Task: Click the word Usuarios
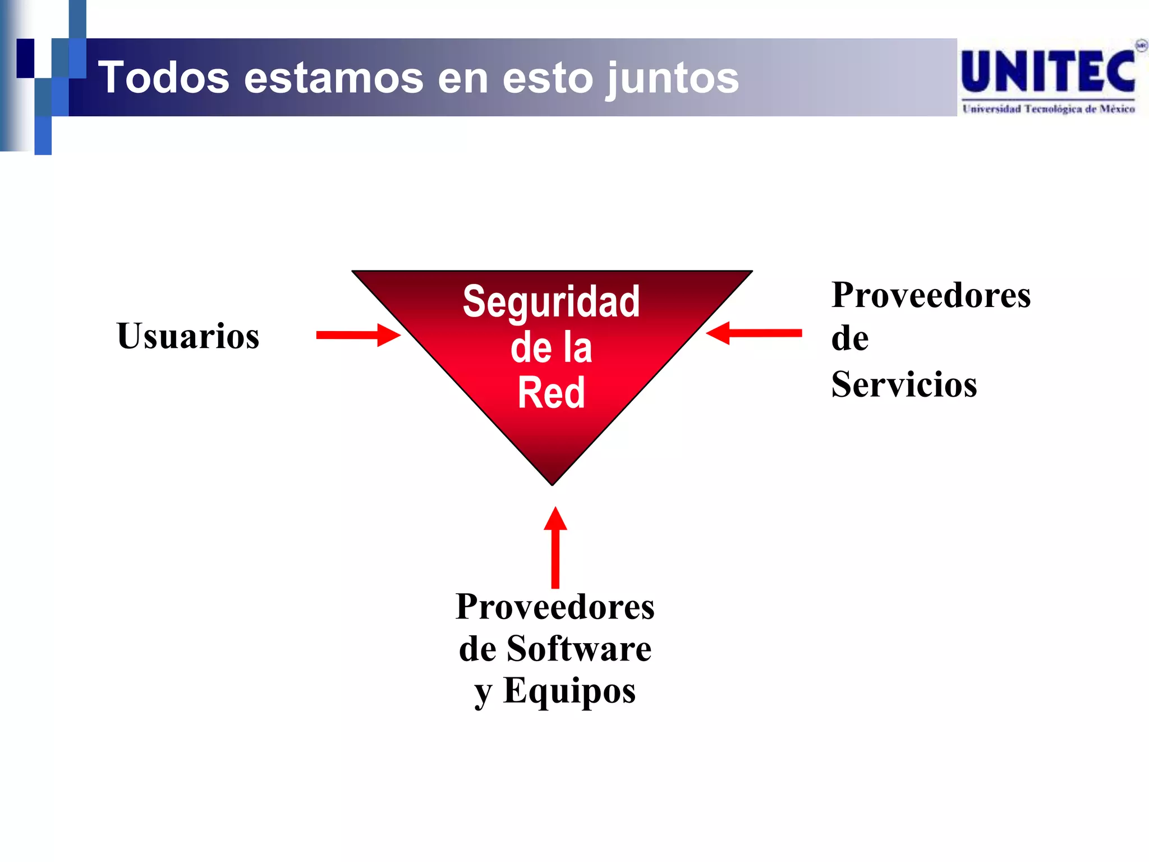(x=188, y=336)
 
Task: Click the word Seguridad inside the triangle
(x=551, y=302)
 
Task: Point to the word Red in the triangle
(x=551, y=393)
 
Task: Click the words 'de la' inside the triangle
(x=551, y=348)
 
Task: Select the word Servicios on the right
(x=904, y=385)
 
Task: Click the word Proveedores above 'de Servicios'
(x=931, y=295)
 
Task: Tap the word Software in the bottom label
(x=579, y=649)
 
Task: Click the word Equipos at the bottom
(x=569, y=691)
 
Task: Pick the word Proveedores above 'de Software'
(x=555, y=607)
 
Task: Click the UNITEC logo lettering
(x=1047, y=72)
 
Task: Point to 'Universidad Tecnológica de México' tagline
(x=1048, y=109)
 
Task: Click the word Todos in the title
(x=164, y=77)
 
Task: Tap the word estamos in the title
(x=334, y=77)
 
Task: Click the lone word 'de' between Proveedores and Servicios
(x=850, y=339)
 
